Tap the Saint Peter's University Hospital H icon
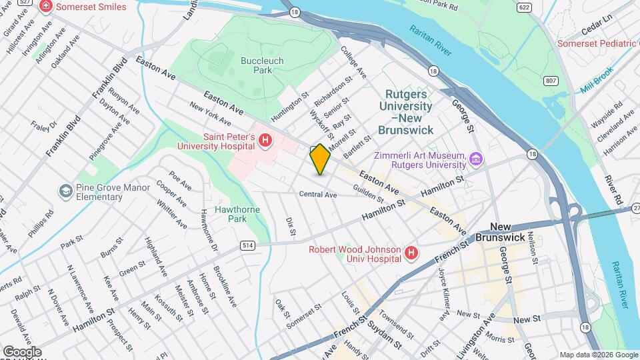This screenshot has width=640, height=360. point(265,140)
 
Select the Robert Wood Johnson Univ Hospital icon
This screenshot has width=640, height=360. point(411,253)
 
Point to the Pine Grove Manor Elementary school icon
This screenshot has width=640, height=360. point(65,192)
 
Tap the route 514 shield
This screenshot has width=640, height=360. point(248,246)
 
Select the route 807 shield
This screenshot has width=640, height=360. point(551,81)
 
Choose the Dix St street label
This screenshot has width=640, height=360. point(290,226)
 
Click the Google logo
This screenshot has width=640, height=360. point(21,352)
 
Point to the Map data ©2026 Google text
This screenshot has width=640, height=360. point(598,355)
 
